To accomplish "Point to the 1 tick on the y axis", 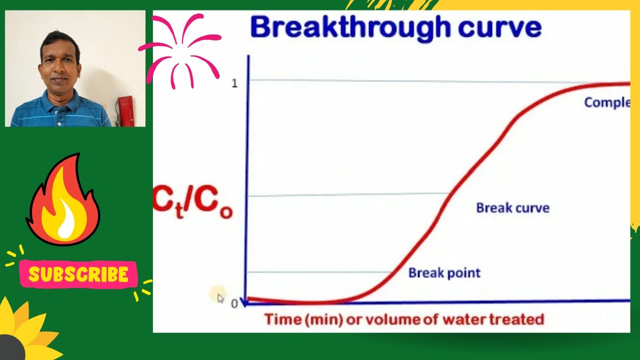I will tap(234, 83).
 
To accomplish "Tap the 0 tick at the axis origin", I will tap(234, 303).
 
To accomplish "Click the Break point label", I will tap(444, 273).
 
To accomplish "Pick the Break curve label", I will tap(512, 208).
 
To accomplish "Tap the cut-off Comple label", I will tap(606, 102).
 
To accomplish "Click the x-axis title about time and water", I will tap(404, 319).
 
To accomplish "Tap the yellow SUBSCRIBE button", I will tap(78, 274).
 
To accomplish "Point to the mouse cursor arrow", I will tap(220, 298).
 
